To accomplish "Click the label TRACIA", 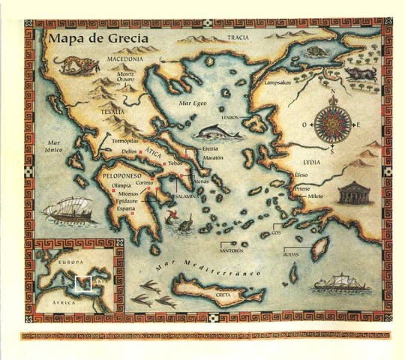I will tap(237, 37).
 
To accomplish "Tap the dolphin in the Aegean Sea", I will tap(217, 133).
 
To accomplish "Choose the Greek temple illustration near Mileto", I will tap(355, 192).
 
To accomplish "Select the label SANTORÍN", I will tap(232, 250).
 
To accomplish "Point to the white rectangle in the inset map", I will tap(83, 283).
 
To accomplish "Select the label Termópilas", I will tap(125, 141).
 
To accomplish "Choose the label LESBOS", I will tap(230, 118).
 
